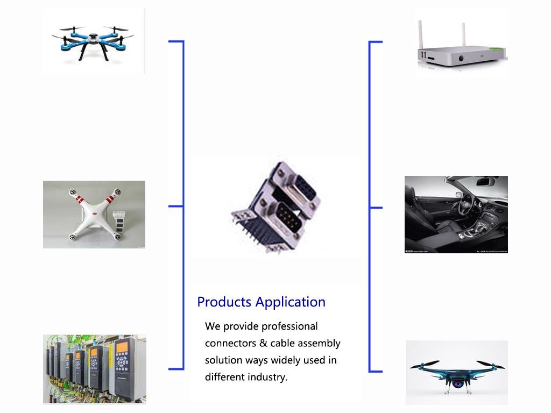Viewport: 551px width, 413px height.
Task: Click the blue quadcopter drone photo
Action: pos(93,40)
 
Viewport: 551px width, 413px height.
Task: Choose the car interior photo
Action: pos(456,214)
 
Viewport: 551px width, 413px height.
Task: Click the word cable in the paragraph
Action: pos(282,343)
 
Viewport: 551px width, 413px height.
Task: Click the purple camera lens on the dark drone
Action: pos(457,384)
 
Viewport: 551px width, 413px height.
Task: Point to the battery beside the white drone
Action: pos(121,220)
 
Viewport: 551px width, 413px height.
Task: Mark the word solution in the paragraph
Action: pos(223,360)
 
